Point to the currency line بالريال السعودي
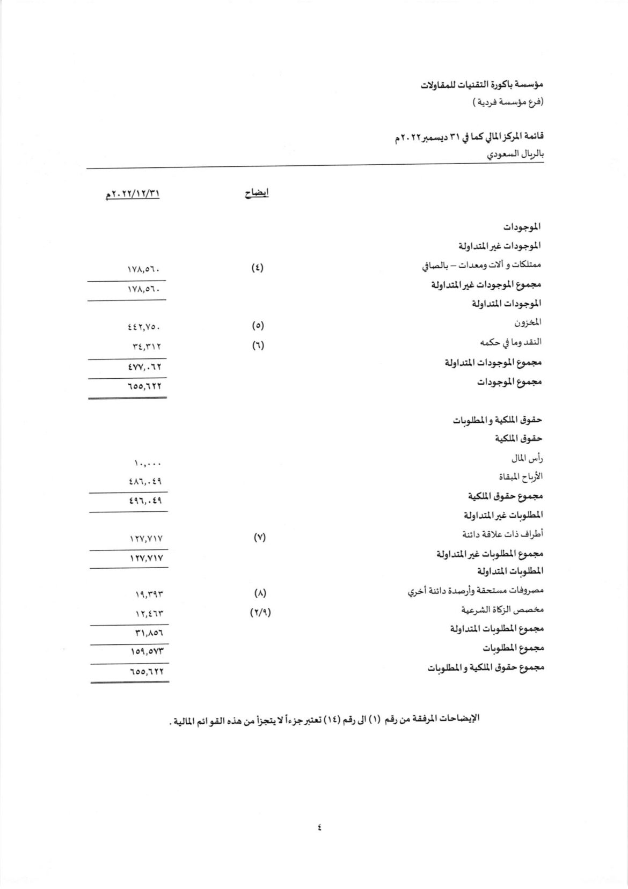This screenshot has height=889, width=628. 515,155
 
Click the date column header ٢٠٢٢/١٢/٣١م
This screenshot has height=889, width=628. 134,194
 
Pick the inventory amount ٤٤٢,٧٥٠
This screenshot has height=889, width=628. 144,326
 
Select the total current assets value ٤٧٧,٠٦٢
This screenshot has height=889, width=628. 144,367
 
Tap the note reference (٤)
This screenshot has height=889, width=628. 258,267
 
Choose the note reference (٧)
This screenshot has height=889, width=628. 259,537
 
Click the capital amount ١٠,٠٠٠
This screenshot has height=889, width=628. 148,462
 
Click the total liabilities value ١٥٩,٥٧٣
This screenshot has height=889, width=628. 145,651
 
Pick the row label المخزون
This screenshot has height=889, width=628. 528,322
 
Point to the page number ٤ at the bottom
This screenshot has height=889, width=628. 319,842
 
